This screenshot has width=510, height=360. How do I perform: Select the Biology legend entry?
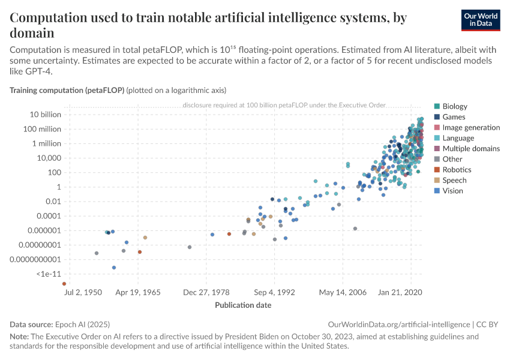click(454, 106)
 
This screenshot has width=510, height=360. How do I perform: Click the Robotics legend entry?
click(456, 170)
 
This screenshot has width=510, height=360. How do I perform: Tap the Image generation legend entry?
click(470, 127)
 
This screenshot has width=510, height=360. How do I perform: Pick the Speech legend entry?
click(454, 180)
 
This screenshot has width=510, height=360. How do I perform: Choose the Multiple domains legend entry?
click(470, 149)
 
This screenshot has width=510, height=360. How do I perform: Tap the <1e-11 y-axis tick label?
click(49, 274)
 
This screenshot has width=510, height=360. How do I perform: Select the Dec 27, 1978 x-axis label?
click(206, 293)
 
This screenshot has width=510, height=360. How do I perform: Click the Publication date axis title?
click(243, 305)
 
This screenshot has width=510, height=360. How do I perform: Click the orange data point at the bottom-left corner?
click(64, 284)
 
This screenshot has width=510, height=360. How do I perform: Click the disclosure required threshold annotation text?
click(284, 105)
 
